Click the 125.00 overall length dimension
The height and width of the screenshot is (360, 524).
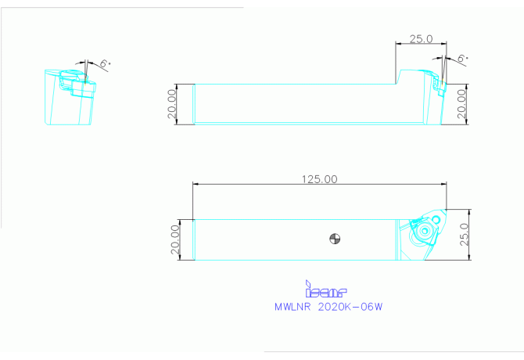pos(319,179)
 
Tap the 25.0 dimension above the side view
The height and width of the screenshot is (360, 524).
pos(421,39)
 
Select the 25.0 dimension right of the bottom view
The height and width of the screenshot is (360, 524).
pos(465,234)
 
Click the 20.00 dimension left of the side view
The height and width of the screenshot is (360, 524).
pos(172,103)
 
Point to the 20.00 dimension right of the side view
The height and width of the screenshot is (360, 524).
pos(461,103)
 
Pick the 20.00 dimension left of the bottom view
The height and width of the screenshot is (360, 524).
pos(175,239)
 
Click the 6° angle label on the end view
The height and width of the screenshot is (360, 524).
pos(105,63)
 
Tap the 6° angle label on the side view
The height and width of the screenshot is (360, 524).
pos(462,58)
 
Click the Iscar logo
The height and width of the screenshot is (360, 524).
pos(326,289)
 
